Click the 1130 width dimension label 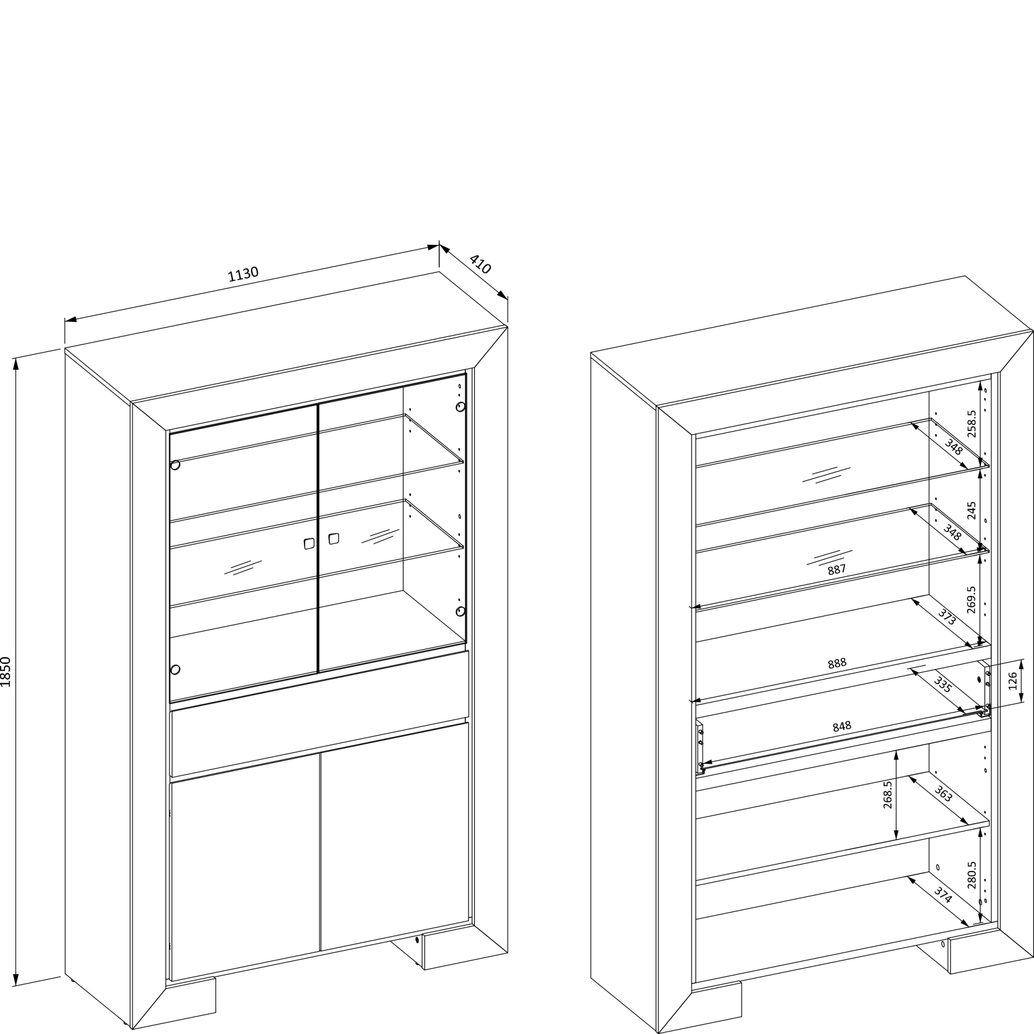(243, 274)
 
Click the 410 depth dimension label (480, 264)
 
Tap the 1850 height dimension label (6, 672)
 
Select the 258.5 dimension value (972, 424)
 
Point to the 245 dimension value (972, 510)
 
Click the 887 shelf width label (837, 569)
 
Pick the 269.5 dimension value (972, 599)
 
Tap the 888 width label (837, 663)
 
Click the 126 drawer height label (1013, 681)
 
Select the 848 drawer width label (842, 726)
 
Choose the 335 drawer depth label (942, 685)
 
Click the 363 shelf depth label (943, 794)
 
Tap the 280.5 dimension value (972, 875)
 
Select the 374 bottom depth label (943, 895)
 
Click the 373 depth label (946, 617)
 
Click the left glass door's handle (309, 543)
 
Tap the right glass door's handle (333, 538)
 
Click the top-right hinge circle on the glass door (460, 407)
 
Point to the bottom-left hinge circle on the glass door (175, 670)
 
